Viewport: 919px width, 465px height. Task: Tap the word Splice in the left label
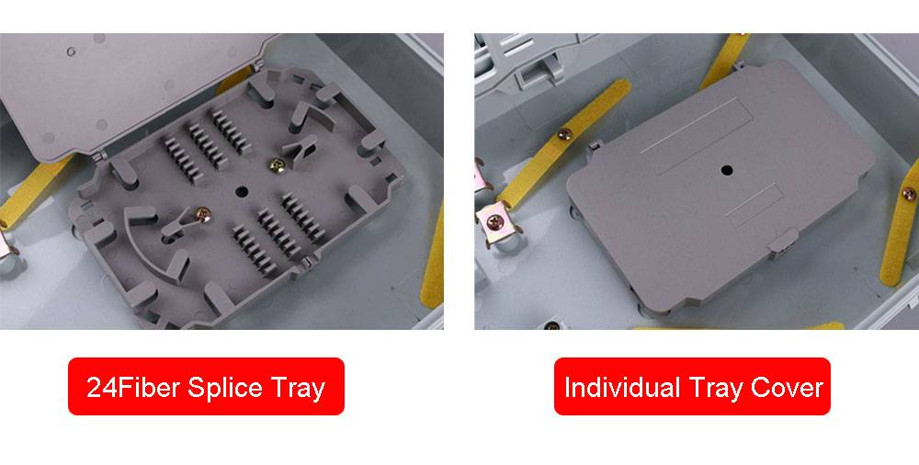click(225, 389)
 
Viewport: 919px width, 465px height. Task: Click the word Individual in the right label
click(622, 388)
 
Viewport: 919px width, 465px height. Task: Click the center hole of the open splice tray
click(242, 191)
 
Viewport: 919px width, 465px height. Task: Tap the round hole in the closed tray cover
click(727, 171)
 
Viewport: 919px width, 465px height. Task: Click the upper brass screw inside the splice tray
click(276, 165)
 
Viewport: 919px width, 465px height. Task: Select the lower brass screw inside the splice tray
click(203, 215)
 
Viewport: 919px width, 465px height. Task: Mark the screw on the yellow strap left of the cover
click(564, 134)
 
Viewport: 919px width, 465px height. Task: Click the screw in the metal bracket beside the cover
click(495, 222)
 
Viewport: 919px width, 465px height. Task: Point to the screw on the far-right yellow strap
click(909, 194)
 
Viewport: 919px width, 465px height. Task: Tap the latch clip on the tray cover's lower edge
click(782, 241)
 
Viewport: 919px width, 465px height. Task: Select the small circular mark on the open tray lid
click(71, 51)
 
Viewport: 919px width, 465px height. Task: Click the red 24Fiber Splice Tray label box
click(206, 386)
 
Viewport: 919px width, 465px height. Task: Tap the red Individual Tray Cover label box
click(692, 386)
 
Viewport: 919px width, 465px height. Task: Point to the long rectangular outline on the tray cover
click(697, 135)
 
